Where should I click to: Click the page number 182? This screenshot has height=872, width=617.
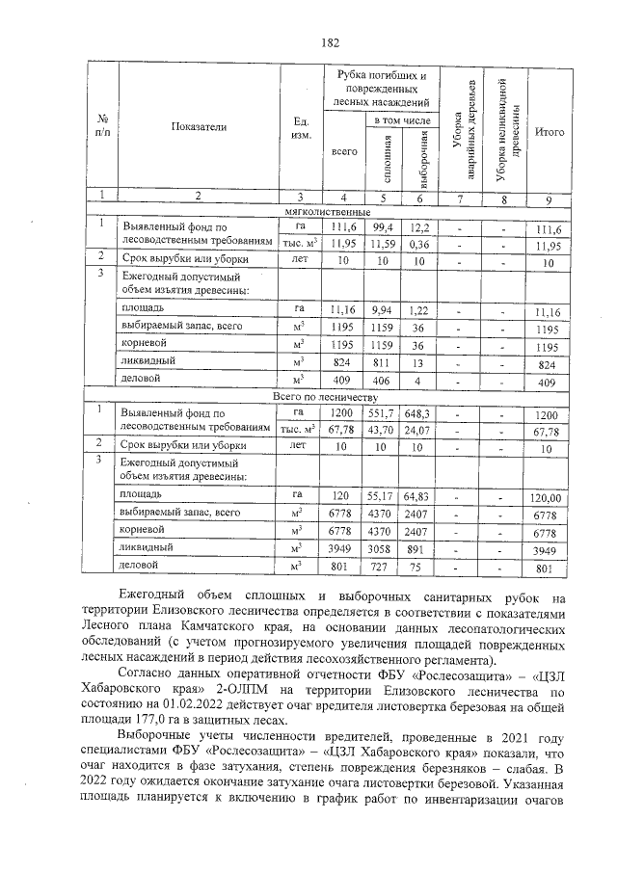tap(329, 43)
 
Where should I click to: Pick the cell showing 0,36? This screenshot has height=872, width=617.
tap(419, 244)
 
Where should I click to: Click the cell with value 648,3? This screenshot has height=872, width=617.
tap(419, 412)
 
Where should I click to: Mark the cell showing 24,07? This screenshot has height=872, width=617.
tap(419, 429)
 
